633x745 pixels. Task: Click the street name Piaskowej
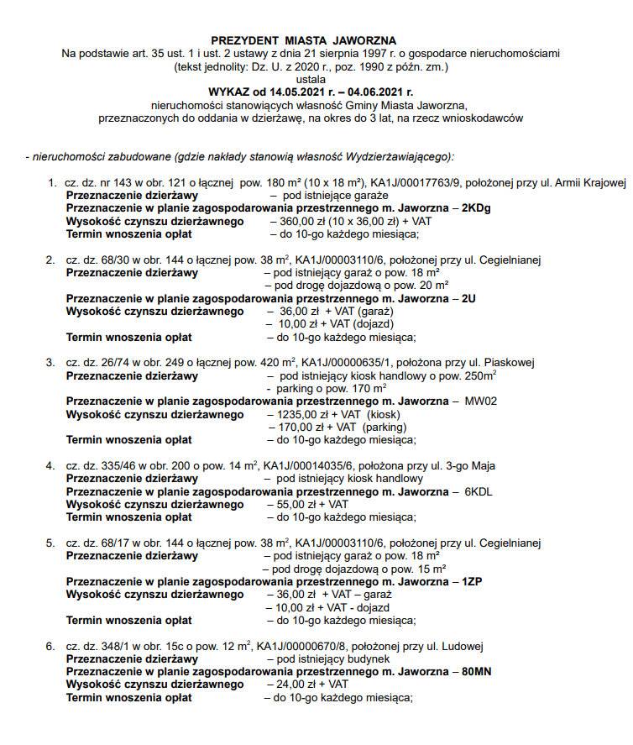510,363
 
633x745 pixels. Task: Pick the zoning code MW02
481,401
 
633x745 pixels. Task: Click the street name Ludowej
464,646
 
